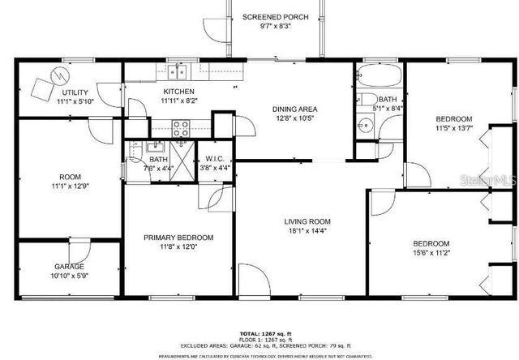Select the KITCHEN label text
(x=178, y=92)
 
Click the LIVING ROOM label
(x=307, y=221)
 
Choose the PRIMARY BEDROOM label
(x=178, y=238)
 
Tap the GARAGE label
(x=69, y=267)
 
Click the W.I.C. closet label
(x=214, y=159)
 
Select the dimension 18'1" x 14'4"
(x=307, y=231)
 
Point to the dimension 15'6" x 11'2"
(x=431, y=253)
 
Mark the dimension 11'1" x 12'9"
(x=70, y=186)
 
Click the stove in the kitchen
(x=180, y=126)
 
